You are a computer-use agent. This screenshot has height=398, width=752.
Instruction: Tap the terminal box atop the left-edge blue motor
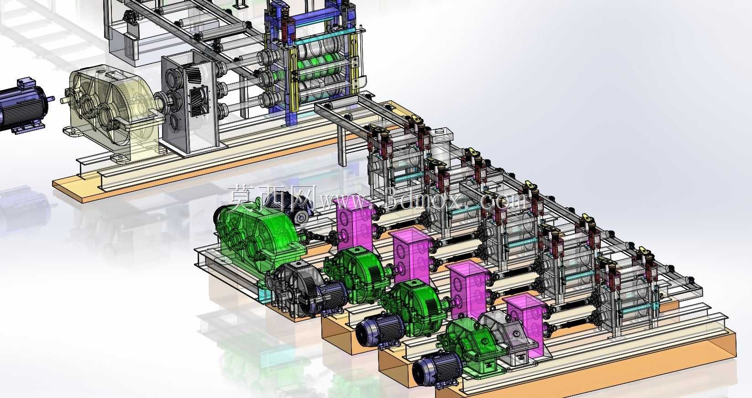[26, 83]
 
